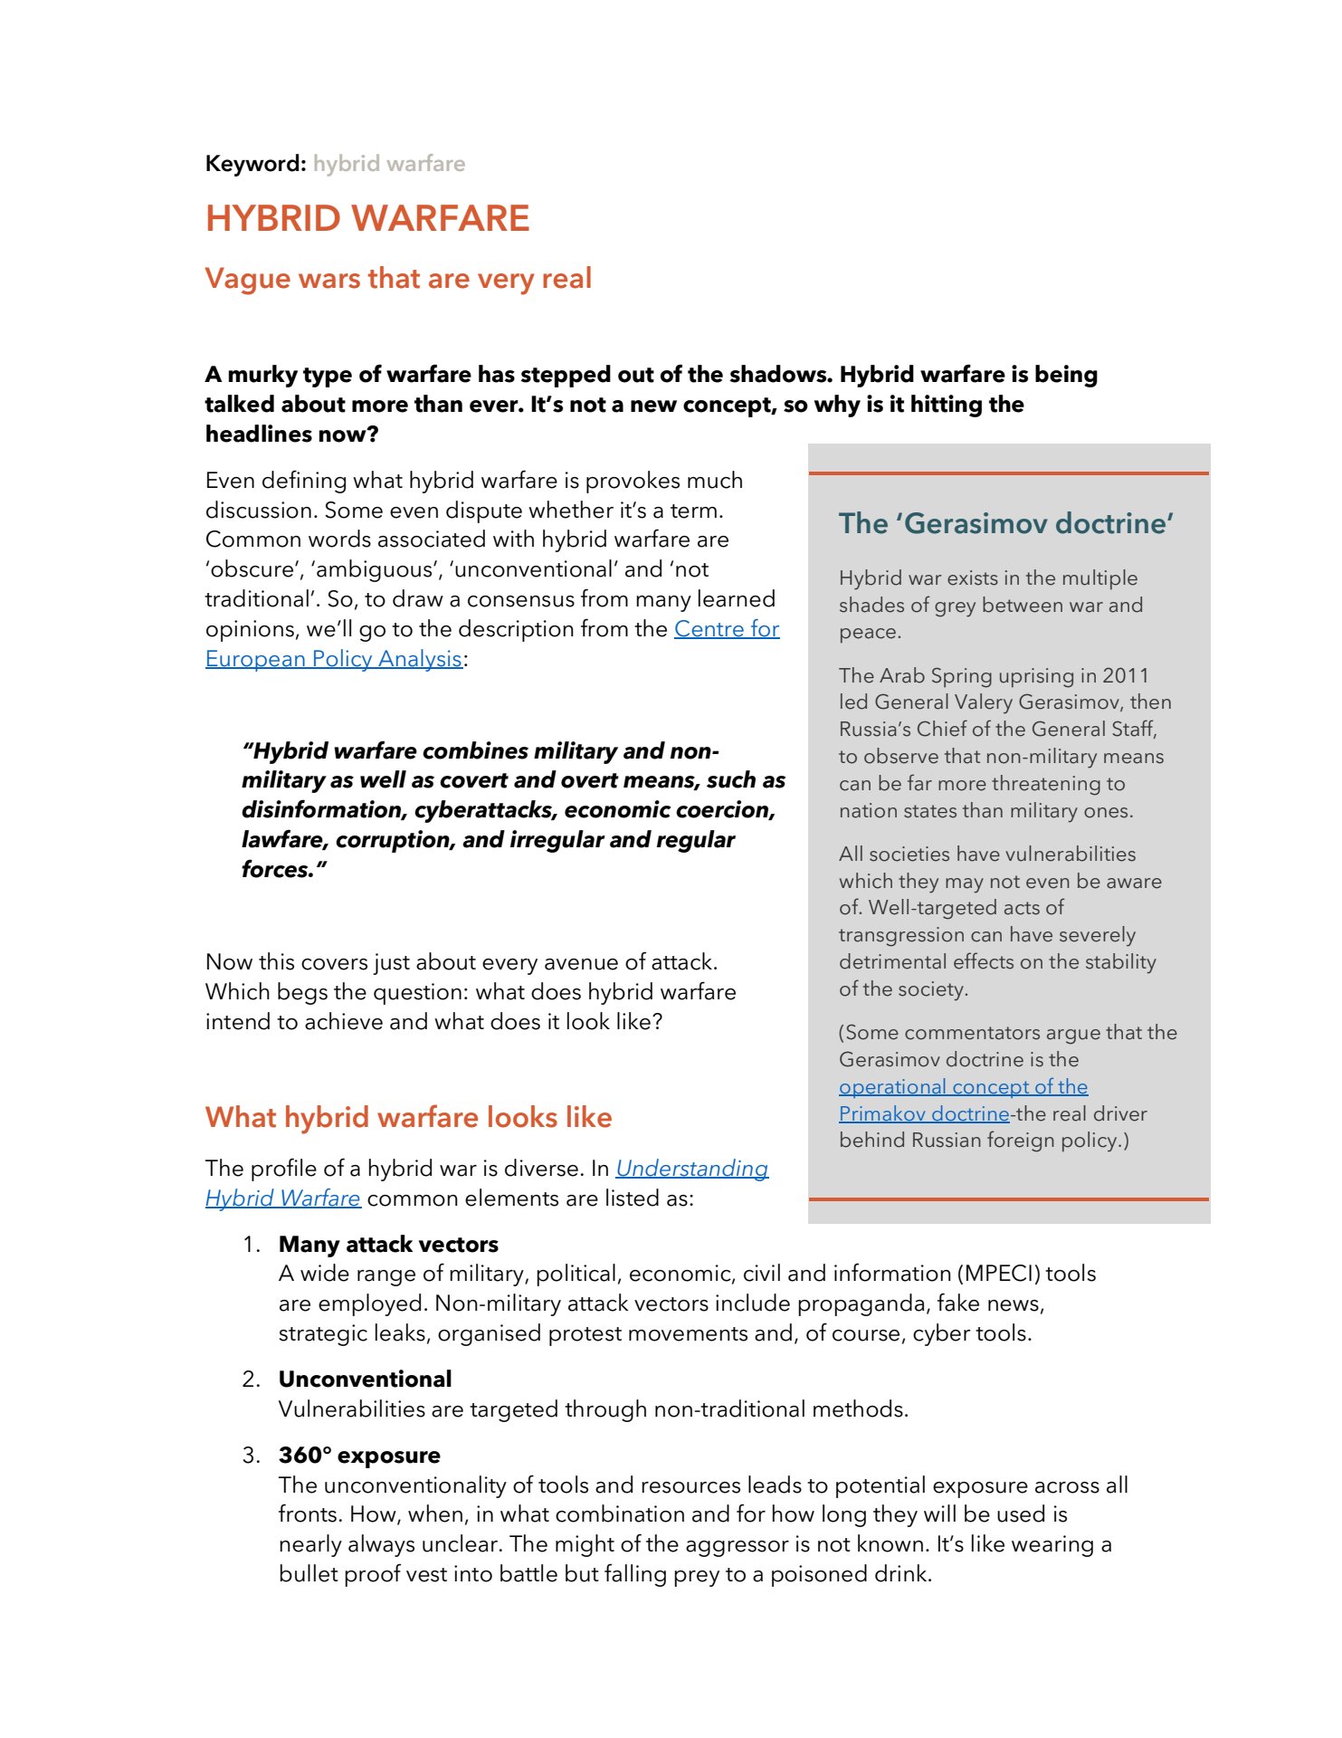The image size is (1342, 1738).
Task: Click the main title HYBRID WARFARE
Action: (x=367, y=219)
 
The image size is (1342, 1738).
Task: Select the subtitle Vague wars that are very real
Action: (x=398, y=279)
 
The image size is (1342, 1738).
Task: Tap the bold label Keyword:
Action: (x=255, y=164)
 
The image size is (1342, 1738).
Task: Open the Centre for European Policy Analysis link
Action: (x=726, y=629)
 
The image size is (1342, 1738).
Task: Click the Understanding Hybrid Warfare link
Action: (x=691, y=1169)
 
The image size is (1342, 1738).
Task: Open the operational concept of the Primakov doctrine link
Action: (x=963, y=1087)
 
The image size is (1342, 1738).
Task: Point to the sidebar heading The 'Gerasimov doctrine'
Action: (x=1005, y=523)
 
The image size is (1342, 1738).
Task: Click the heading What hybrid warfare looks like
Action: (x=408, y=1118)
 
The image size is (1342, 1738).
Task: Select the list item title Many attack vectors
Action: (x=388, y=1245)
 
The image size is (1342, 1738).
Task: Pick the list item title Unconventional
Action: (x=365, y=1380)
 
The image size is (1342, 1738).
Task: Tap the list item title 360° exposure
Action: (x=359, y=1456)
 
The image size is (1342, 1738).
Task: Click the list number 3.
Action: (x=251, y=1456)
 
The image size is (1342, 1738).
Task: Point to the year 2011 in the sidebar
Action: (x=1125, y=676)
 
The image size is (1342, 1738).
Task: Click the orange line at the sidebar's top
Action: (x=1008, y=473)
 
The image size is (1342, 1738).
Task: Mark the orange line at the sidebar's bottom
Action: (x=1008, y=1199)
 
